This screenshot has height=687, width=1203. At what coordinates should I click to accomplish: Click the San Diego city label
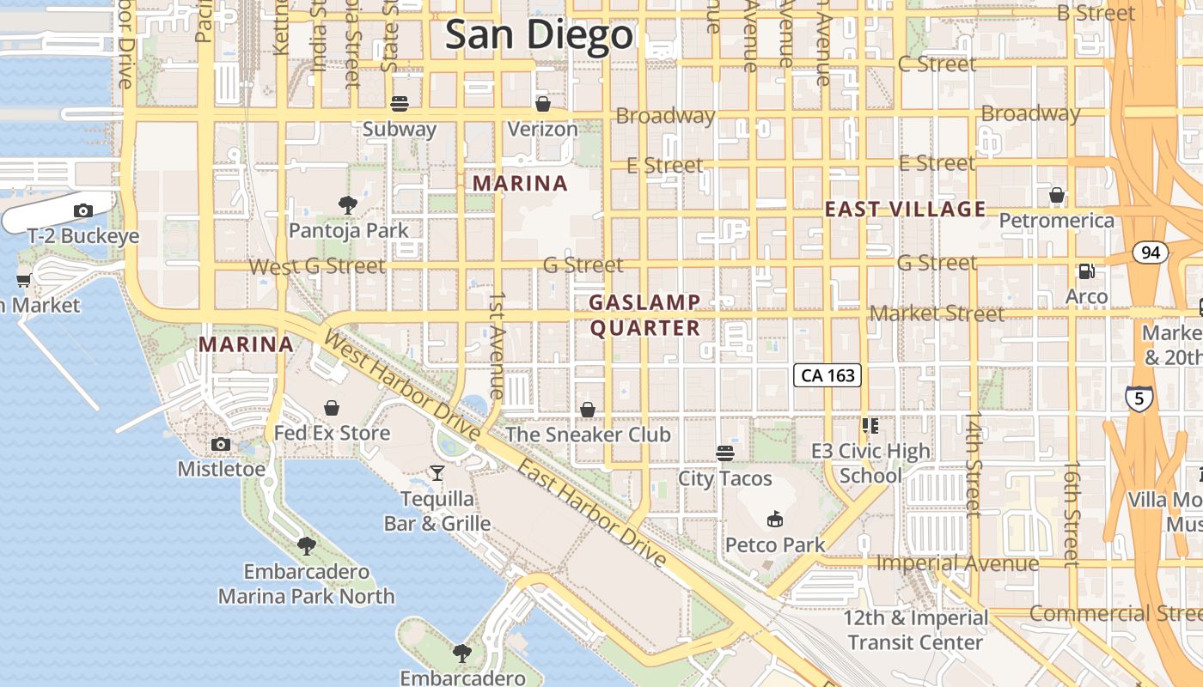(539, 35)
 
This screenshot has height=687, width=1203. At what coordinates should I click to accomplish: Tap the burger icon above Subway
(399, 104)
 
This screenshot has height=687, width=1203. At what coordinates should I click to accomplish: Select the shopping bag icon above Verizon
(542, 104)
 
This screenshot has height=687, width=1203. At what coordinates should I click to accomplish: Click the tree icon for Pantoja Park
(348, 204)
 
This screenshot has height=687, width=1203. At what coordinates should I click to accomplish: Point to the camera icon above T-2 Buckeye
(83, 210)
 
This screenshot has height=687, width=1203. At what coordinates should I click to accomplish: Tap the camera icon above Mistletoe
(221, 444)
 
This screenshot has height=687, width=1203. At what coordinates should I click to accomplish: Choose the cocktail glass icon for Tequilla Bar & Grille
(437, 473)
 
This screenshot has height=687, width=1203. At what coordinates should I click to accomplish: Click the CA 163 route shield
(827, 375)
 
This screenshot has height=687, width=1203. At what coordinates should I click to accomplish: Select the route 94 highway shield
(1150, 252)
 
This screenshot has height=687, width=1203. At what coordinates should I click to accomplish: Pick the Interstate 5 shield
(1139, 398)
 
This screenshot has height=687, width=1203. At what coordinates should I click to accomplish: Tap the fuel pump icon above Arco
(1086, 271)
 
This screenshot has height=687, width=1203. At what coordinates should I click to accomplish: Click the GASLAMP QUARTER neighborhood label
(645, 315)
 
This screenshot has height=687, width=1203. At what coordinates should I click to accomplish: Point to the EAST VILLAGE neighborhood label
(906, 209)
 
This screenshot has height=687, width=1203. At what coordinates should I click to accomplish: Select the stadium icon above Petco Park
(774, 519)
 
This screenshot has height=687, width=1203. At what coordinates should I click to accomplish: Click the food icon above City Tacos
(725, 453)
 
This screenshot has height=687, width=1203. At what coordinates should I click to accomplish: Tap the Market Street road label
(937, 313)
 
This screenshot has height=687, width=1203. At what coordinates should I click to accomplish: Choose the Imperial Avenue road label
(957, 563)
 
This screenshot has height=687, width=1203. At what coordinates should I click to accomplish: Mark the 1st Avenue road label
(497, 344)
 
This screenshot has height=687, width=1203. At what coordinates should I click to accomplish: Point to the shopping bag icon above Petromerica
(1057, 195)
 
